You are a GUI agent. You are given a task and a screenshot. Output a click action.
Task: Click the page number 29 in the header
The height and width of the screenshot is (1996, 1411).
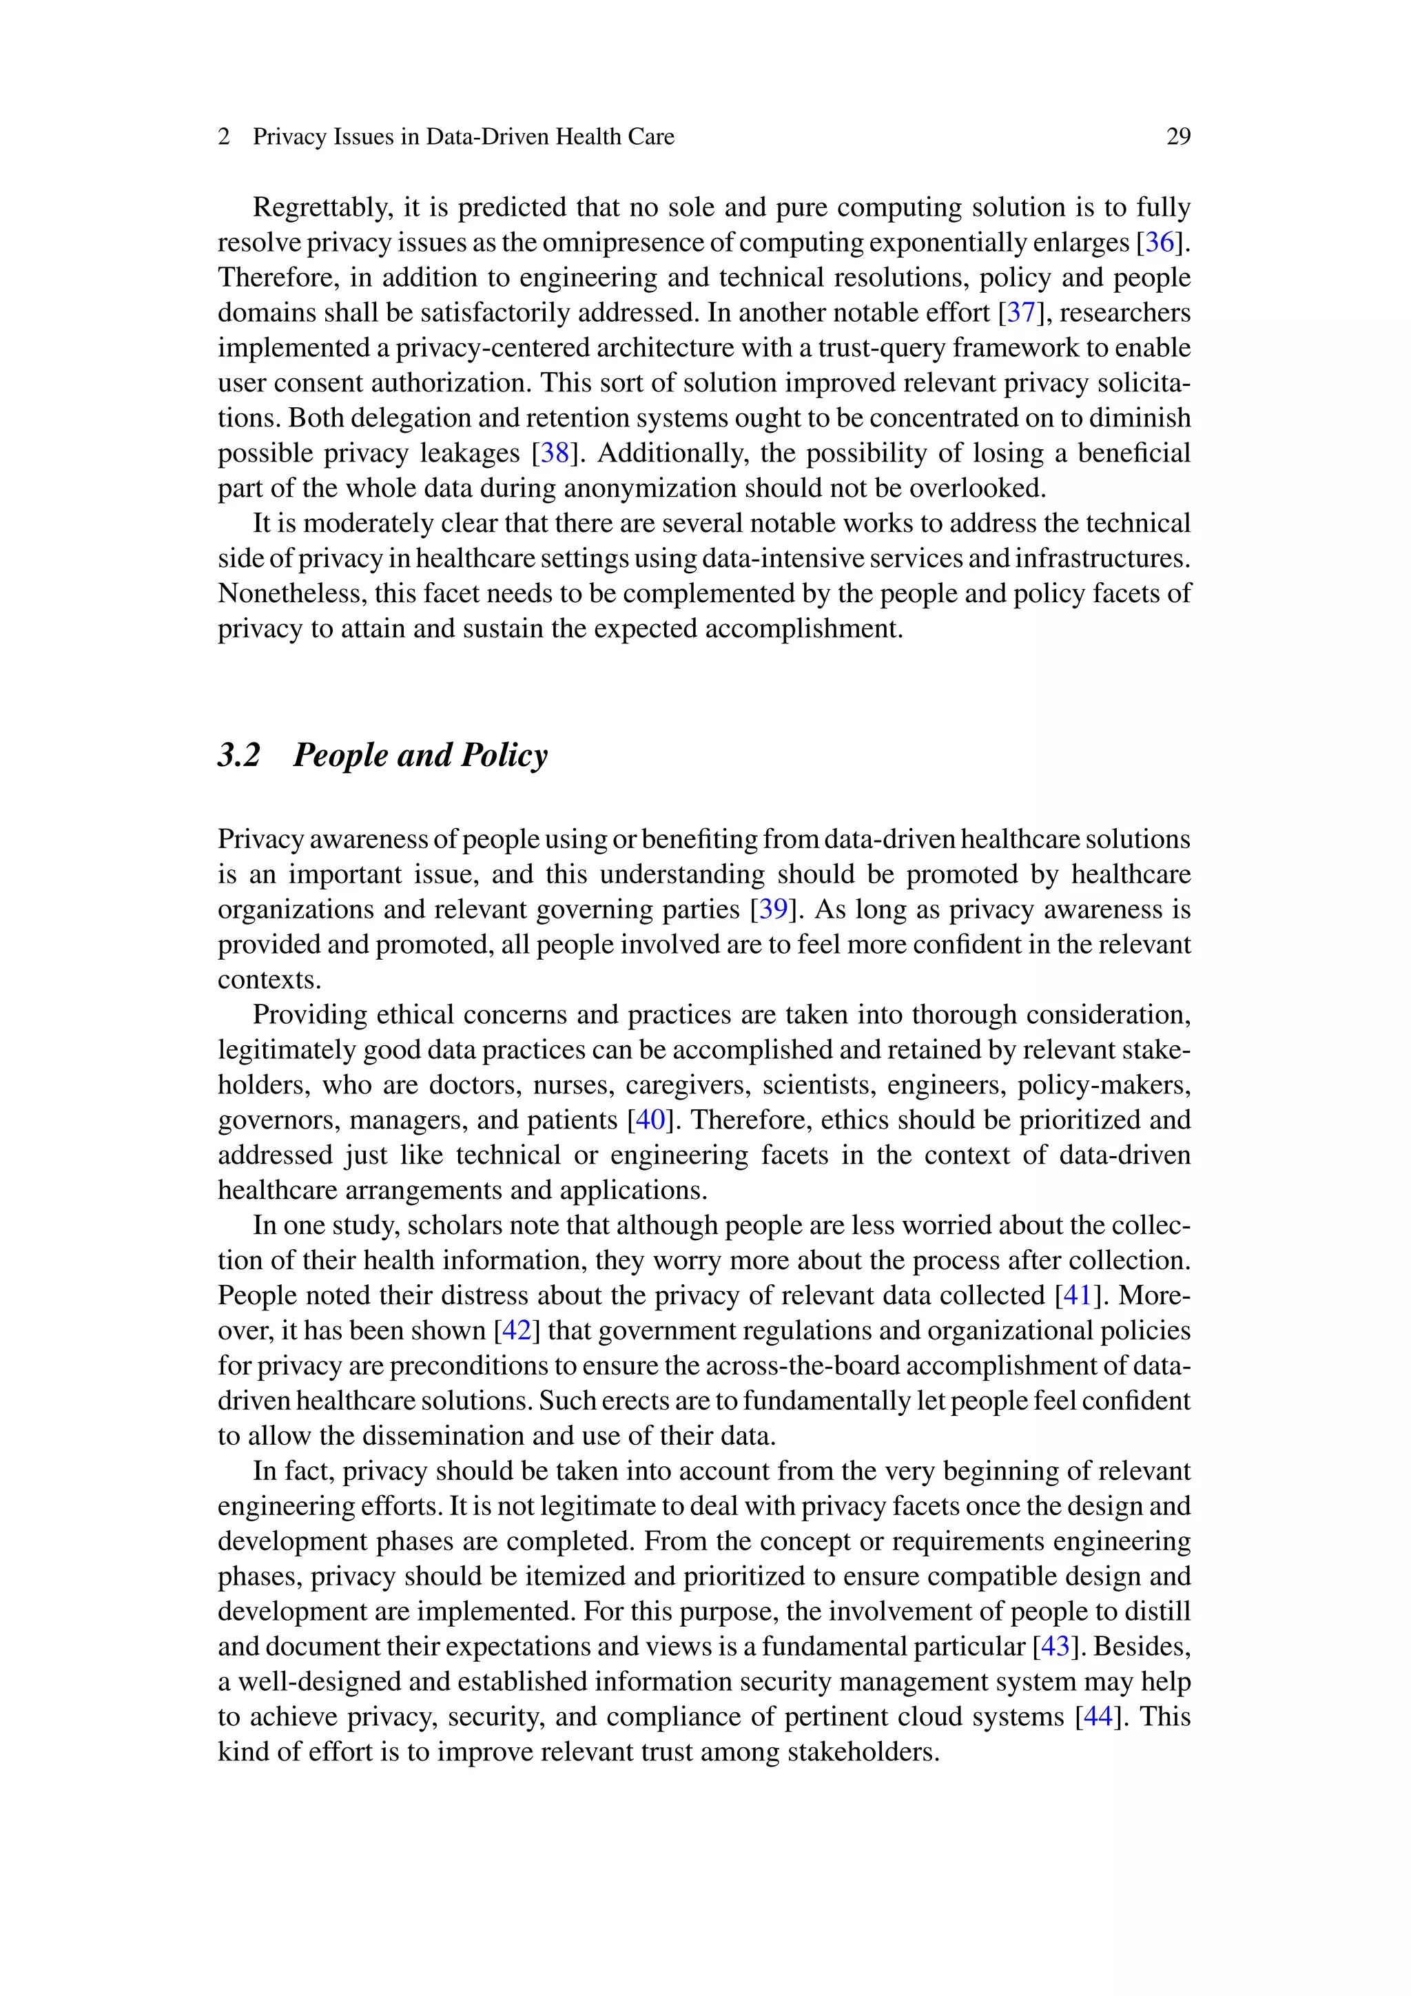click(1178, 136)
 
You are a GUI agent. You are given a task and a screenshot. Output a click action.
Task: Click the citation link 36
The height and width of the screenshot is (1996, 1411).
click(1160, 243)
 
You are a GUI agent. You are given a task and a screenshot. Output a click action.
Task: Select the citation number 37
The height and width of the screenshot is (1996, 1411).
click(1022, 313)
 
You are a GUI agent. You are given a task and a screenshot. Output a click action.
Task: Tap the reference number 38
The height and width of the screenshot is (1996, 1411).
click(555, 453)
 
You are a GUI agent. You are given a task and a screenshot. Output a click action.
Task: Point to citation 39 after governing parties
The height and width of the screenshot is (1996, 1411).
click(773, 909)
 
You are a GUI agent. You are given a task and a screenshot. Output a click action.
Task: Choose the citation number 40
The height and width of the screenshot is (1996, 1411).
click(650, 1120)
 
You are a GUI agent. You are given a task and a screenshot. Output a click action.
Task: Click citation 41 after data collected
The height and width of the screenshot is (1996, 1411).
click(1077, 1295)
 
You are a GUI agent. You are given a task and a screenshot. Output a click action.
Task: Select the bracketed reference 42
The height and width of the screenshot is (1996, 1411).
click(517, 1330)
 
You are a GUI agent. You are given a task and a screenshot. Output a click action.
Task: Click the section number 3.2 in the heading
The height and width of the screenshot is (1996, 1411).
click(239, 754)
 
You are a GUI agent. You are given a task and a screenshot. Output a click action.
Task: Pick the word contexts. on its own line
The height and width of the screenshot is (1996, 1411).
click(269, 980)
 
